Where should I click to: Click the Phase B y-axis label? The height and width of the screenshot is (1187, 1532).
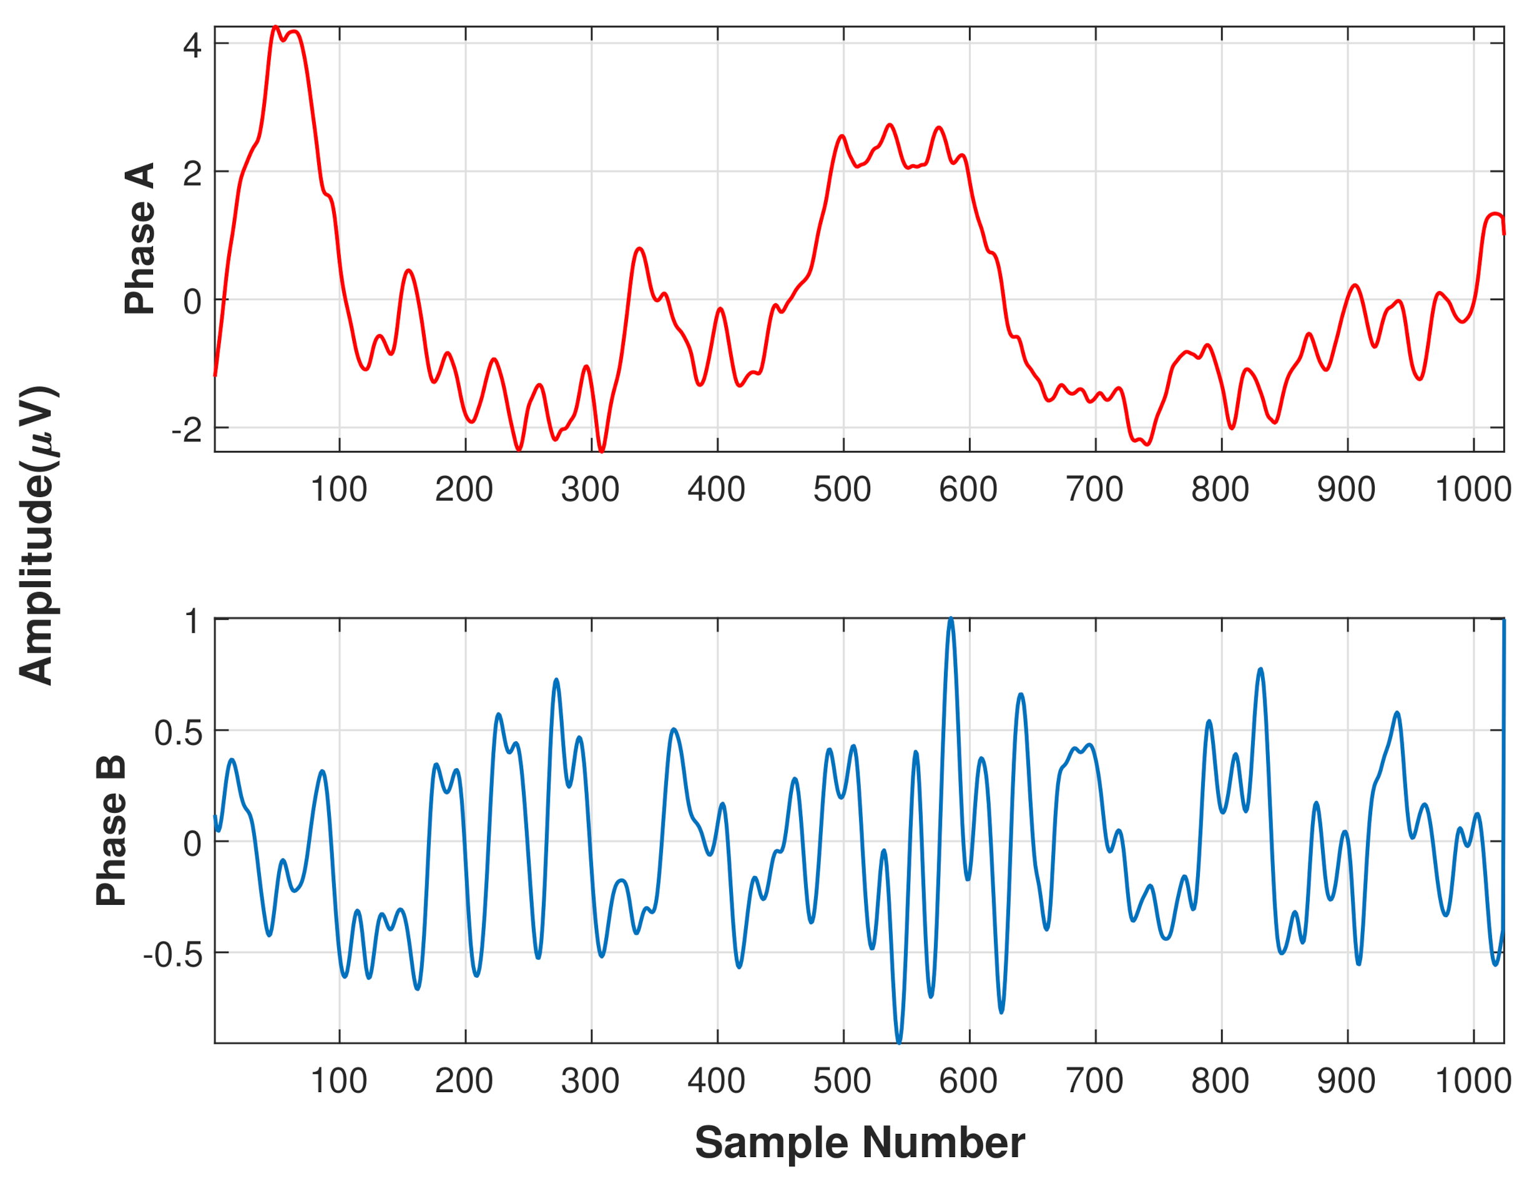[x=111, y=830]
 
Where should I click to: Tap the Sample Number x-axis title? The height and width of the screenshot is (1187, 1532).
[x=859, y=1143]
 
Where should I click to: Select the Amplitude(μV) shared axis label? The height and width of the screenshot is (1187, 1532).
[x=38, y=534]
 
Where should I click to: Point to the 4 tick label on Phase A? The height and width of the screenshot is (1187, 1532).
[x=192, y=46]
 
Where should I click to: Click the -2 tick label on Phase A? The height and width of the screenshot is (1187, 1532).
[x=187, y=430]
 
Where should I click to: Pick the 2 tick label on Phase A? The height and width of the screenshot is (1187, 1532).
[x=192, y=174]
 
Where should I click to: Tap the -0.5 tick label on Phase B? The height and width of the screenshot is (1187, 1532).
[x=172, y=955]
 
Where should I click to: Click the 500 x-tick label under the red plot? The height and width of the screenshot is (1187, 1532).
[x=842, y=489]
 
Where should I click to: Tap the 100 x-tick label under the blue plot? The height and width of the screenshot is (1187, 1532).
[x=339, y=1080]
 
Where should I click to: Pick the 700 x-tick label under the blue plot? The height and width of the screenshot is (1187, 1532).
[x=1094, y=1080]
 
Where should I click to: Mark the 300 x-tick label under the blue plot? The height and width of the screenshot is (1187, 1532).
[x=590, y=1080]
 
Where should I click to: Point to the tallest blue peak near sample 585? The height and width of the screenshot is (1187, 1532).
[x=951, y=619]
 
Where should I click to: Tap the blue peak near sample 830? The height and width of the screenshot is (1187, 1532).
[x=1260, y=669]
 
